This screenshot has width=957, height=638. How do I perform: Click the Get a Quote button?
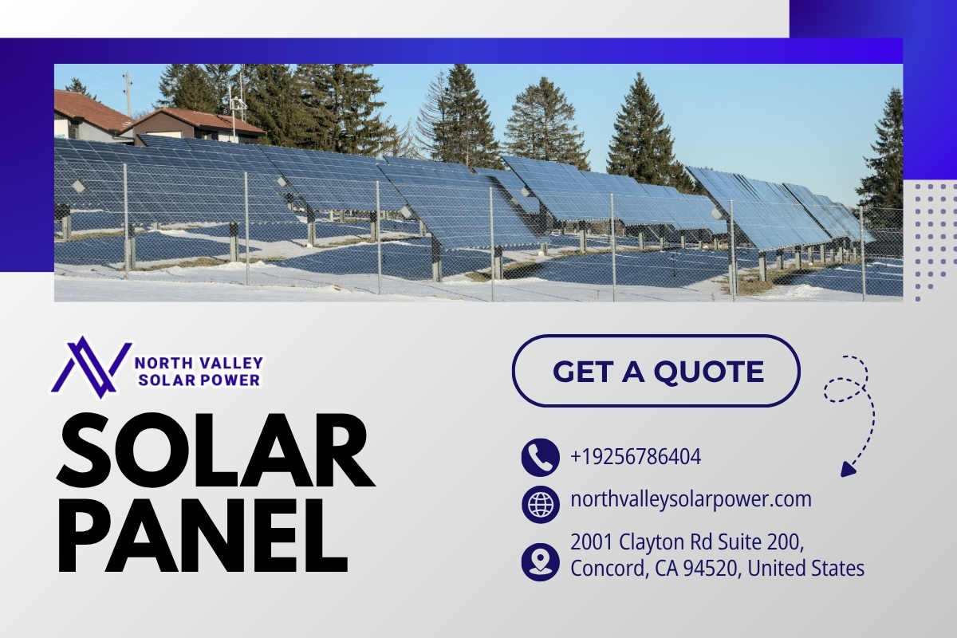(x=656, y=371)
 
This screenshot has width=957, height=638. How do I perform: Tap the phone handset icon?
(x=541, y=457)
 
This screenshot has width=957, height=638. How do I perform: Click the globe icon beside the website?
(x=541, y=504)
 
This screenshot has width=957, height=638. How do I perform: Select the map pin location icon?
(x=541, y=562)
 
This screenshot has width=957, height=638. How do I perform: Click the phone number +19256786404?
(x=636, y=456)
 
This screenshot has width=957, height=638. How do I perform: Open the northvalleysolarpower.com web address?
(x=691, y=500)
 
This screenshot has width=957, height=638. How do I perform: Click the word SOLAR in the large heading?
(x=215, y=451)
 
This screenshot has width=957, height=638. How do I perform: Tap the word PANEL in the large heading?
(x=202, y=535)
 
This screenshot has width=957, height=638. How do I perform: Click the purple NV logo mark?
(x=91, y=368)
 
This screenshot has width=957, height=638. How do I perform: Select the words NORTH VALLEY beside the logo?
(x=199, y=363)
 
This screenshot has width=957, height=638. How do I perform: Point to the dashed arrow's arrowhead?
(x=848, y=469)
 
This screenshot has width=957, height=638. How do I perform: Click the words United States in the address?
(x=805, y=569)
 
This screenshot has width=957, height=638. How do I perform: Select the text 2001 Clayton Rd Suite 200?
(x=687, y=542)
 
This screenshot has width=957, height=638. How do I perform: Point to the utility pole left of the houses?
(x=128, y=94)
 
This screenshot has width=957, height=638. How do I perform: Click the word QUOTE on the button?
(x=709, y=371)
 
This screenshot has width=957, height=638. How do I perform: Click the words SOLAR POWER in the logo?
(x=199, y=380)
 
